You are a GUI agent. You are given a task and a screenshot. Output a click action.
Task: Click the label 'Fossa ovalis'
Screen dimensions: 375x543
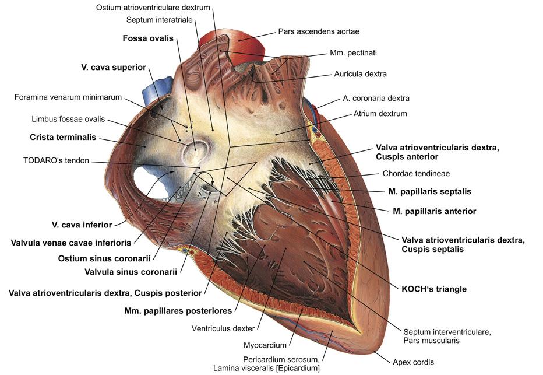tap(148, 38)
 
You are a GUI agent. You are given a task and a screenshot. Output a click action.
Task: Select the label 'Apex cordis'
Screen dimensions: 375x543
tap(413, 362)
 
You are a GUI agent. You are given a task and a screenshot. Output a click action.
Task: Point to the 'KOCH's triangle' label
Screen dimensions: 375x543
tap(434, 289)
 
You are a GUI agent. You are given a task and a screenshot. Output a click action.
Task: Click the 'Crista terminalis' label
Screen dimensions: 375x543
tap(63, 138)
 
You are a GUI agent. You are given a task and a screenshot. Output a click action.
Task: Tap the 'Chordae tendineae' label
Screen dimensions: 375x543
tap(416, 173)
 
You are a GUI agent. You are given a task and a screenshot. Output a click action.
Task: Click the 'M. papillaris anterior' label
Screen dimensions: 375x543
tap(432, 211)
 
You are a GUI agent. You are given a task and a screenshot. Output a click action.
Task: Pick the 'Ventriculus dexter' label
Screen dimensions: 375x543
tap(223, 328)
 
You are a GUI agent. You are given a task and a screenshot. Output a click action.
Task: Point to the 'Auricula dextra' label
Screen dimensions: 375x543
tap(360, 74)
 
